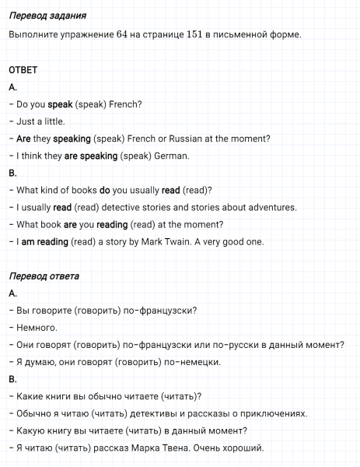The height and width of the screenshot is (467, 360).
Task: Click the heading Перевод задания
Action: pos(47,16)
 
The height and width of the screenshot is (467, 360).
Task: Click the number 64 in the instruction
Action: pos(122,35)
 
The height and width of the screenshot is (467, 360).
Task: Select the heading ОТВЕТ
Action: pos(23,70)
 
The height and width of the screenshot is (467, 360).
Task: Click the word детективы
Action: pos(158,413)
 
